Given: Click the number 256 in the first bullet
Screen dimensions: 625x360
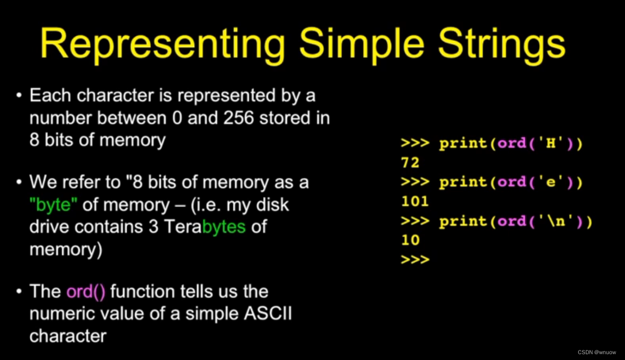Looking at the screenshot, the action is (238, 117).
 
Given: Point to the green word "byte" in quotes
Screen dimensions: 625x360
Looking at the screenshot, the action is (53, 205).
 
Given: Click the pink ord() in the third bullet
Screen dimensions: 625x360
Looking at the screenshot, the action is (86, 291).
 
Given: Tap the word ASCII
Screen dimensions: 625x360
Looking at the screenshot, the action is (268, 313).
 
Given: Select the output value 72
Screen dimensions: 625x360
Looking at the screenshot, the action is (410, 162).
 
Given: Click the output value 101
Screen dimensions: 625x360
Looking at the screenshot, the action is (415, 201).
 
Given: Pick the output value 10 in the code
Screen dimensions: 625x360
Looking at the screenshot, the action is (410, 239).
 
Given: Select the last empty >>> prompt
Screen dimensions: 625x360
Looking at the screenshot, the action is (415, 260).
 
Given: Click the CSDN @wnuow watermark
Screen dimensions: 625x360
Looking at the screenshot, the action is (596, 353).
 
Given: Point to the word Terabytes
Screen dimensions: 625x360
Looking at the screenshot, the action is (205, 226).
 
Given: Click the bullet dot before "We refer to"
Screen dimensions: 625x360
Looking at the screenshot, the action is (19, 182).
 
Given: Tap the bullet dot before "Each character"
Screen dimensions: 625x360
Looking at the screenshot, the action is (19, 95).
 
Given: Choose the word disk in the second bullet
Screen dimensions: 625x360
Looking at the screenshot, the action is (272, 205).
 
